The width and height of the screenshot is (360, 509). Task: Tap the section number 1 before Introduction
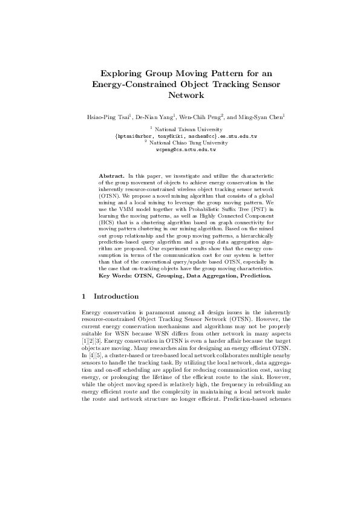(83, 297)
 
